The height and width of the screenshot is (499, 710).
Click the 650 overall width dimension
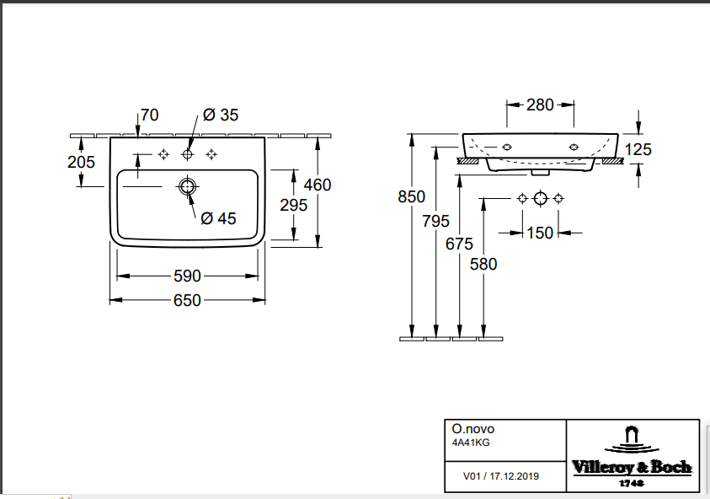pos(187,300)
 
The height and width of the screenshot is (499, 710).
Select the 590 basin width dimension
pos(187,276)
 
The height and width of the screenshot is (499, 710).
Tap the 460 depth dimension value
pos(318,185)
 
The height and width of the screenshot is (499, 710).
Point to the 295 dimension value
pos(293,206)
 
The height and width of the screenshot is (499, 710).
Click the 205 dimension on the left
pos(81,162)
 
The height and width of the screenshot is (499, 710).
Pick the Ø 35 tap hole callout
pos(221,115)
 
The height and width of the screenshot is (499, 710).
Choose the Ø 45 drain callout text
pos(218,218)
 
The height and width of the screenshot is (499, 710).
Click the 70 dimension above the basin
pos(149,115)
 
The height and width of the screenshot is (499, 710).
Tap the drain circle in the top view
pos(188,186)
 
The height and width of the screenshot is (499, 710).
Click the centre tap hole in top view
pos(187,154)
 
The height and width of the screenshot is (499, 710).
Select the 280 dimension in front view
pos(540,105)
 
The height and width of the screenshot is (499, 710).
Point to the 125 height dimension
pos(638,149)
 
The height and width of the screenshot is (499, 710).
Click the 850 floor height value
pos(412,196)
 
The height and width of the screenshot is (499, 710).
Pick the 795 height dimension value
pos(435,221)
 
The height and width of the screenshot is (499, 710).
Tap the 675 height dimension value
pos(459,244)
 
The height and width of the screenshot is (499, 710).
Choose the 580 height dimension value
pos(483,264)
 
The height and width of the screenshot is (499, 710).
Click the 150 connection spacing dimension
pos(540,233)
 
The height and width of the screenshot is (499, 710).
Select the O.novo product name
pos(473,429)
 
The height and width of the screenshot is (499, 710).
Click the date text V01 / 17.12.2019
pos(501,476)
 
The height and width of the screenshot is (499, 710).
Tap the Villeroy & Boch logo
pos(633,457)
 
